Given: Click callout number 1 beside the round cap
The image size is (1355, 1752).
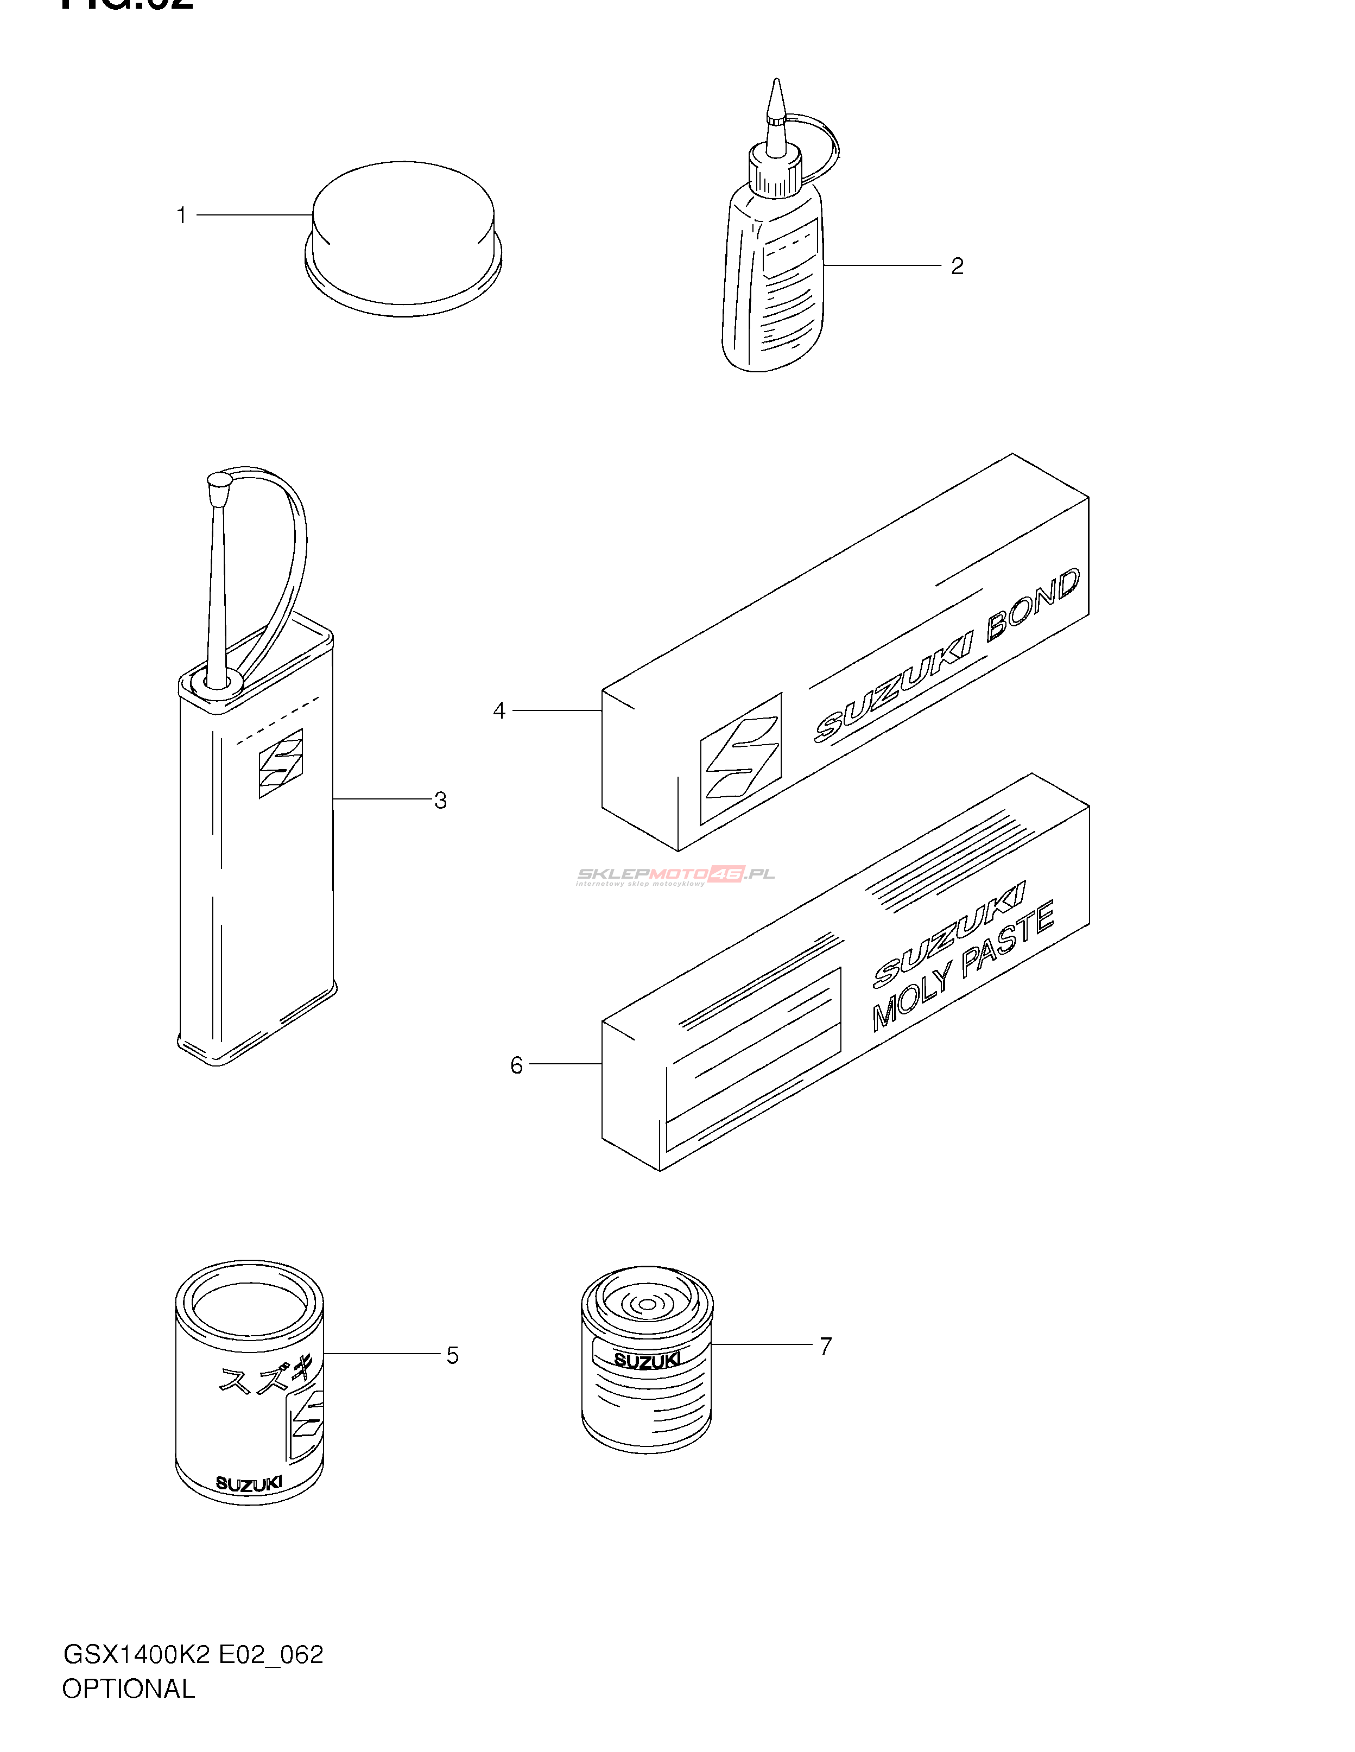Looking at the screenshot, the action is [x=181, y=216].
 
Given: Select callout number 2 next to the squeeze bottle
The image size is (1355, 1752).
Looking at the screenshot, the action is [x=957, y=266].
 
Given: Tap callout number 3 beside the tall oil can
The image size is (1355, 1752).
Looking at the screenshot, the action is [x=440, y=800].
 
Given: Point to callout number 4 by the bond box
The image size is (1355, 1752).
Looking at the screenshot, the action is [x=499, y=711].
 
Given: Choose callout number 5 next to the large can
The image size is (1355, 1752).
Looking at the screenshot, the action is [x=452, y=1356].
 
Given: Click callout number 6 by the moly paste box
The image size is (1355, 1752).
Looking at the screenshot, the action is [x=517, y=1065].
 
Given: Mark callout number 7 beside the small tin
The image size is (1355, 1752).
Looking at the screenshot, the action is [x=826, y=1345].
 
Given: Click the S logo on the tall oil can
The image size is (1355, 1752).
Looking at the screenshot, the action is [x=281, y=763].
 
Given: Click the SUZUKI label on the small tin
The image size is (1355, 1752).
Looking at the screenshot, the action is [x=647, y=1361].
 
